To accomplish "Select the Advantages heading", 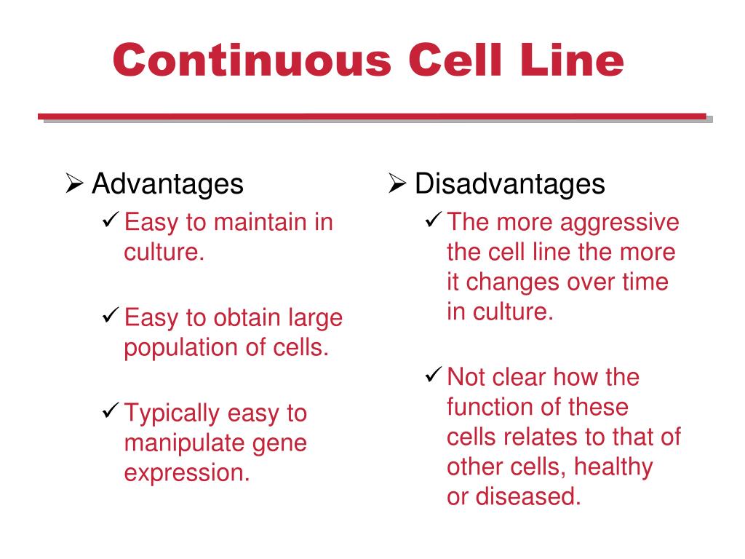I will [x=167, y=184].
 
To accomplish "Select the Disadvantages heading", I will [x=509, y=184].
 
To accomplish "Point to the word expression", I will [x=187, y=473].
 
